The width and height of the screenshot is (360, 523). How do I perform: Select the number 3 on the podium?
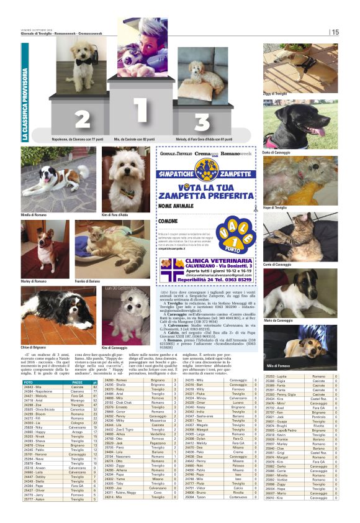coord(202,121)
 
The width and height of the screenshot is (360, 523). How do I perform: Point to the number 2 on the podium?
coord(83,118)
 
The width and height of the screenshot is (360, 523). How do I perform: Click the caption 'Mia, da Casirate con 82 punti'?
coord(135,141)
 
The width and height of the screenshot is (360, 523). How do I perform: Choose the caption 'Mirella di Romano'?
coord(35,214)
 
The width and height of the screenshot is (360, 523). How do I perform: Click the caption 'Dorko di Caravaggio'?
coord(279,152)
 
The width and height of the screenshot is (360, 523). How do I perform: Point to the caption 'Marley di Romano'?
coord(34,281)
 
